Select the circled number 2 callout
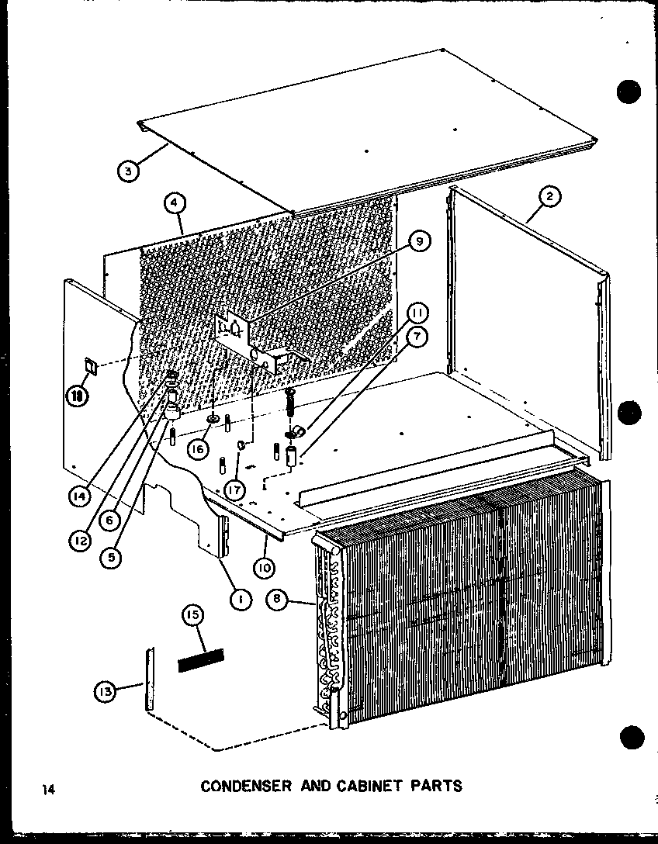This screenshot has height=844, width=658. (549, 197)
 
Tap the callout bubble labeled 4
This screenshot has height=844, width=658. (175, 203)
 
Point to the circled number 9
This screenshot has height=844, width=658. (419, 242)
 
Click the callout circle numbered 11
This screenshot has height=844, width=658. (417, 313)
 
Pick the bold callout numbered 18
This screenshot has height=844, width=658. (78, 396)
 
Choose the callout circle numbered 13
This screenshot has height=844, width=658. (107, 688)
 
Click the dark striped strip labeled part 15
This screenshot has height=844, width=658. (201, 661)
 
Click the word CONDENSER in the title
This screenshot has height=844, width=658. (245, 786)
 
